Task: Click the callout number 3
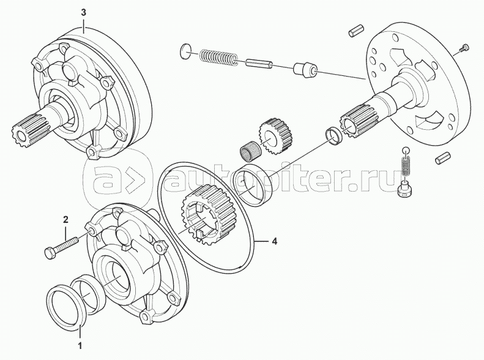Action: click(x=84, y=12)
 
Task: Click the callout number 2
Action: click(x=65, y=220)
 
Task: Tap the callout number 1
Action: click(x=80, y=345)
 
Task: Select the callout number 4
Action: click(x=274, y=241)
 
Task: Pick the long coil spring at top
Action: click(x=219, y=58)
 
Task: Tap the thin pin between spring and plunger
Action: click(x=259, y=62)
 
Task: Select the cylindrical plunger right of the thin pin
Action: click(x=305, y=70)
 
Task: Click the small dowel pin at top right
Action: click(x=357, y=31)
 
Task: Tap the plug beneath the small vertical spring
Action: click(x=404, y=189)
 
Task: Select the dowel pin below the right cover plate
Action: click(x=441, y=158)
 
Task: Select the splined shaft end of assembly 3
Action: click(x=31, y=127)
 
